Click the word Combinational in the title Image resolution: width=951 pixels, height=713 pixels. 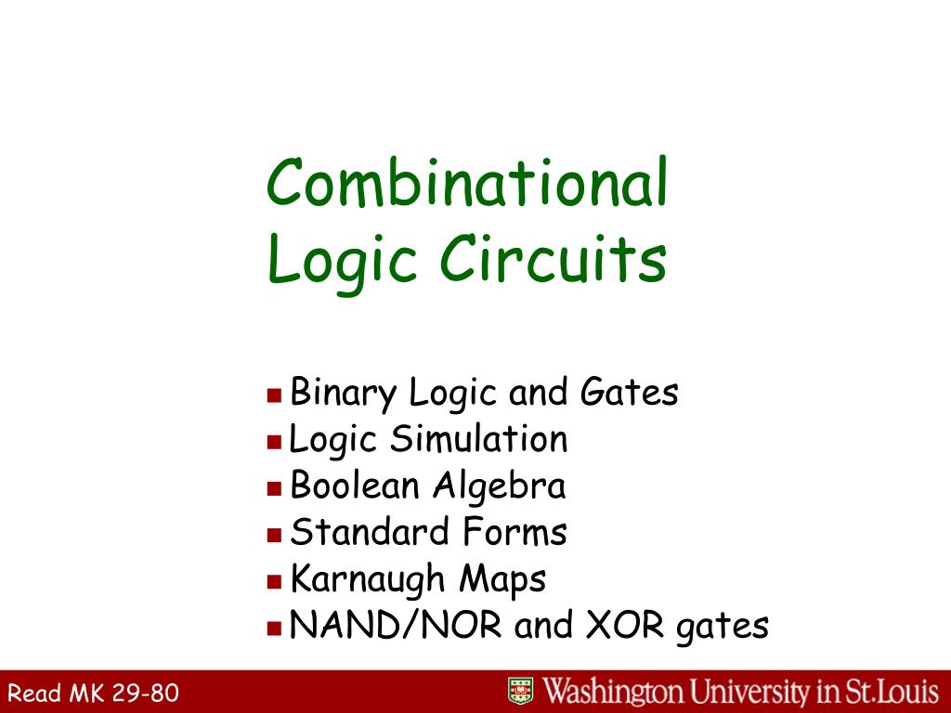pyautogui.click(x=467, y=183)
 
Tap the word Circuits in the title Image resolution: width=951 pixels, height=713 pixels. pyautogui.click(x=554, y=260)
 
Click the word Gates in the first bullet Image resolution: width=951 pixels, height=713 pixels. pyautogui.click(x=630, y=393)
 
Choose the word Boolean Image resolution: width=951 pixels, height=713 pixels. pyautogui.click(x=357, y=486)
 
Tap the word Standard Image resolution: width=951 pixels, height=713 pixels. pyautogui.click(x=370, y=533)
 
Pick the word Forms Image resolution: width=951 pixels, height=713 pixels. pyautogui.click(x=513, y=533)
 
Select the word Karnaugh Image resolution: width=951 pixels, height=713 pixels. pyautogui.click(x=369, y=580)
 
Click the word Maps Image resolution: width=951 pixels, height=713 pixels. pyautogui.click(x=502, y=580)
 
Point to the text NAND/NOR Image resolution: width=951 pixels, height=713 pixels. pyautogui.click(x=397, y=626)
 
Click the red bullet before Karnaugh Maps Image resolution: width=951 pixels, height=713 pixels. pyautogui.click(x=274, y=582)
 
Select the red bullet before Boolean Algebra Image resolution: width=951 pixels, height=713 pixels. pyautogui.click(x=274, y=487)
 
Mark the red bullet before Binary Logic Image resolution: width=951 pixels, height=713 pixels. pyautogui.click(x=274, y=395)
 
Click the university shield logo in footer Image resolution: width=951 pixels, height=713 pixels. pyautogui.click(x=520, y=691)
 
